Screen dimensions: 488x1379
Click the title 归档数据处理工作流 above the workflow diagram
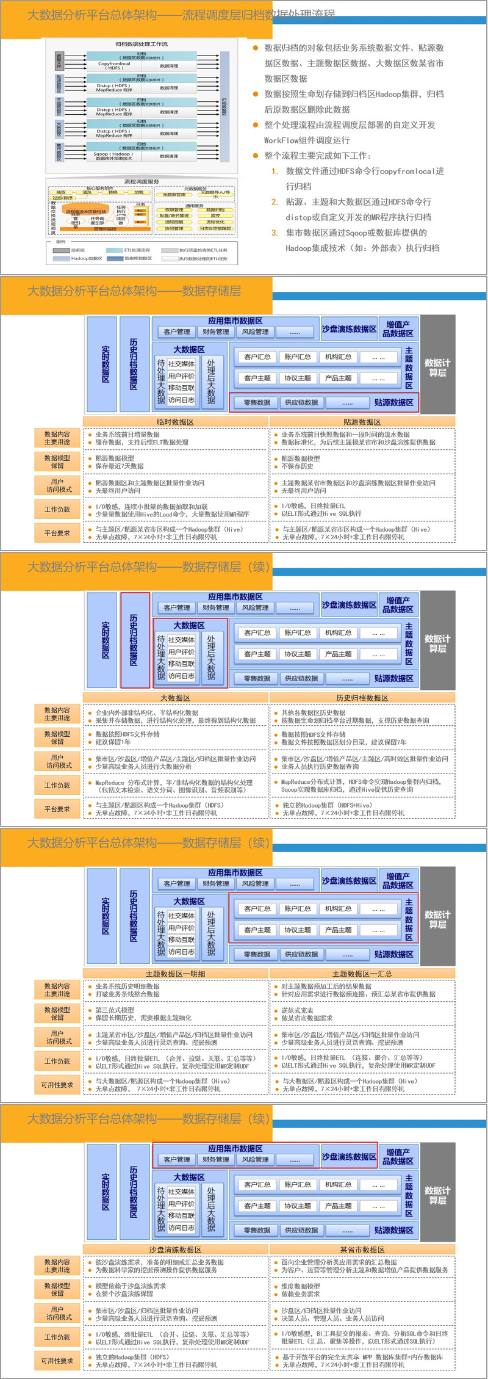pyautogui.click(x=142, y=44)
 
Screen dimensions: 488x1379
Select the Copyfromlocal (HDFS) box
pyautogui.click(x=114, y=65)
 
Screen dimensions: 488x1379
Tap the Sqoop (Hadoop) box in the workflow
pyautogui.click(x=114, y=156)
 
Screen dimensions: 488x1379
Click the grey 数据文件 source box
pyautogui.click(x=59, y=62)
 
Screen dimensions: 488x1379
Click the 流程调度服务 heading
pyautogui.click(x=142, y=181)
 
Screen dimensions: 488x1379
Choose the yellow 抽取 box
pyautogui.click(x=62, y=192)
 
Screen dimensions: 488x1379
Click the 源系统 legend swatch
pyautogui.click(x=62, y=250)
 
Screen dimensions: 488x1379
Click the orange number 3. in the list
pyautogui.click(x=274, y=233)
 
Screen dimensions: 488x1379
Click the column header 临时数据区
pyautogui.click(x=175, y=422)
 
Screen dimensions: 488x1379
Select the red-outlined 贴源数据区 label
pyautogui.click(x=393, y=402)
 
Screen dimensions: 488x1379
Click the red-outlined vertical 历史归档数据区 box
pyautogui.click(x=134, y=640)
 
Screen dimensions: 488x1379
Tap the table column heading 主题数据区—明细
pyautogui.click(x=175, y=974)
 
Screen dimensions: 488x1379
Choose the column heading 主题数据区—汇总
pyautogui.click(x=362, y=974)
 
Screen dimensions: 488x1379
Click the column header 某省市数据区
pyautogui.click(x=362, y=1250)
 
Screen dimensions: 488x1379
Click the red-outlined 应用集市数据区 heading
pyautogui.click(x=235, y=1148)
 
